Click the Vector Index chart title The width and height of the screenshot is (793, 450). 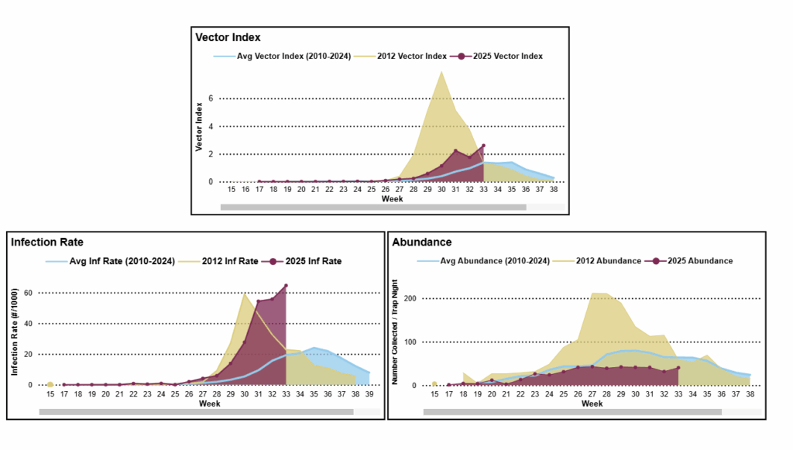pos(228,37)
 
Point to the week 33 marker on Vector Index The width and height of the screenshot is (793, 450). pos(483,146)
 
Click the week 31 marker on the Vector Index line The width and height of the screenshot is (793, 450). pos(455,151)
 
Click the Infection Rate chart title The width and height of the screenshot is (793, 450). pos(47,242)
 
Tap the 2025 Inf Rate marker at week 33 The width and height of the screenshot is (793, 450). pos(286,286)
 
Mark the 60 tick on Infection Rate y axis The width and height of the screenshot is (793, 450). pos(29,293)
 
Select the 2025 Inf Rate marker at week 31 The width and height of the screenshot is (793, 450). pos(258,302)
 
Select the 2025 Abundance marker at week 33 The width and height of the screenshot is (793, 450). pos(678,368)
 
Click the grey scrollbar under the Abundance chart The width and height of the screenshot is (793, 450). pos(572,412)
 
